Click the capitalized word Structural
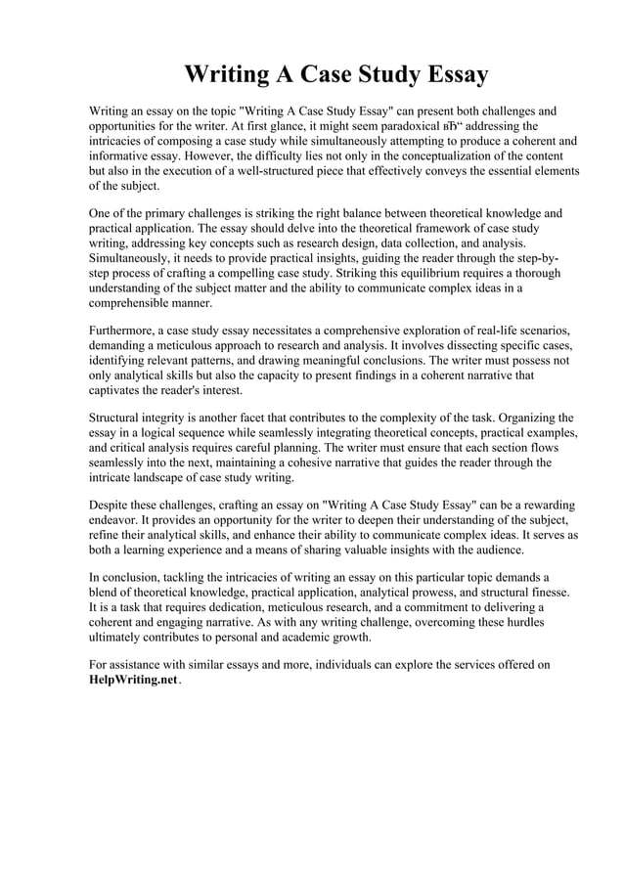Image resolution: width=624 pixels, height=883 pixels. tap(117, 419)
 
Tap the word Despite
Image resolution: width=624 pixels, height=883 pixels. tap(111, 508)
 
